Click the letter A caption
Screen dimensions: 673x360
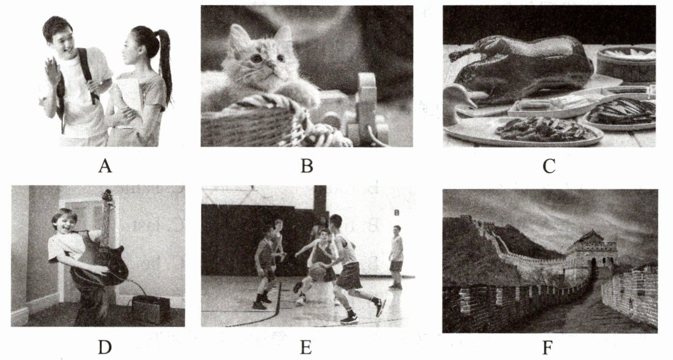[105, 166]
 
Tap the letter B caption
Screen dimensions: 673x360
[307, 166]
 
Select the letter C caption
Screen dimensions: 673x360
[549, 166]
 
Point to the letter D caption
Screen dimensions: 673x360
[105, 348]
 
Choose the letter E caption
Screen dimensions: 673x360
[306, 348]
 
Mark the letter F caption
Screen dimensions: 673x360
[547, 348]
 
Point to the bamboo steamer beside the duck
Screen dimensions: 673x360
[627, 65]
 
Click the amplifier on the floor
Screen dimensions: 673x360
[151, 309]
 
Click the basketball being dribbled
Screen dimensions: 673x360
[319, 272]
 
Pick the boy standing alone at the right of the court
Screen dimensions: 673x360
[397, 257]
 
